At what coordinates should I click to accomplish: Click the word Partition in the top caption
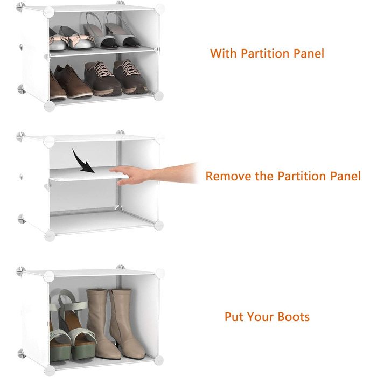(265, 53)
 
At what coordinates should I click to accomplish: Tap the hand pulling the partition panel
(154, 173)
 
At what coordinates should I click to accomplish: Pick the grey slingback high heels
(111, 30)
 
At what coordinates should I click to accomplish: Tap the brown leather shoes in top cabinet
(70, 83)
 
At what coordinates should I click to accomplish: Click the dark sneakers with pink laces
(115, 78)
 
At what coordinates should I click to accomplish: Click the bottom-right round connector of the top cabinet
(159, 96)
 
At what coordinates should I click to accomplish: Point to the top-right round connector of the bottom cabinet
(160, 274)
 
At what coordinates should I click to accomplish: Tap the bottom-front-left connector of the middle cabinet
(50, 236)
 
